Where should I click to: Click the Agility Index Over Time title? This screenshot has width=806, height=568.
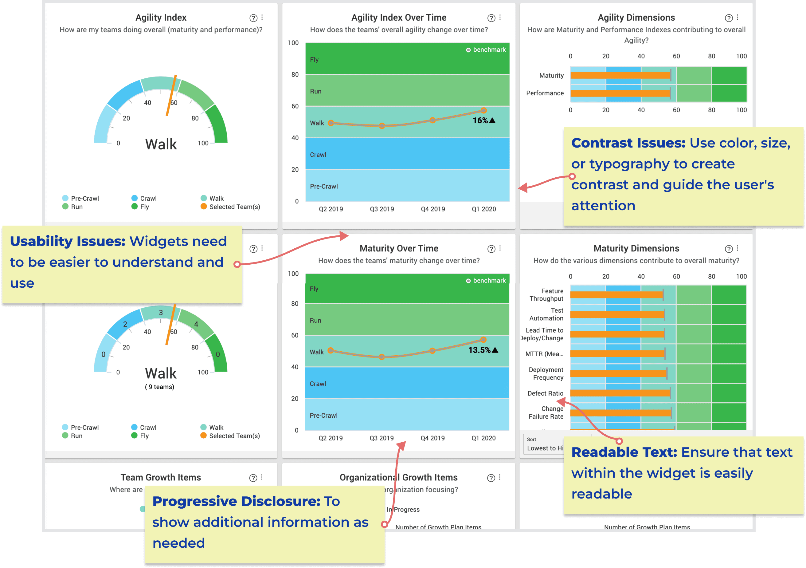coord(399,18)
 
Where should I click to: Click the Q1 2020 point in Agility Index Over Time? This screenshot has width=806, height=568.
coord(483,110)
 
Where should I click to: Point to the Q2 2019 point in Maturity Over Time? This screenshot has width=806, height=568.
coord(330,350)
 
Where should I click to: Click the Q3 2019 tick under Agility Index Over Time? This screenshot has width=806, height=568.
coord(382,209)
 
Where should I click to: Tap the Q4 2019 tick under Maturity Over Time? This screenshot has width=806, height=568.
coord(432,438)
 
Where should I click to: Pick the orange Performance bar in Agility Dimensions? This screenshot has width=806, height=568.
coord(620,93)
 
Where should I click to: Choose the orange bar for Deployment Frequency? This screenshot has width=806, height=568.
coord(618,373)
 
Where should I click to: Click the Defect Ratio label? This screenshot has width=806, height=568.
coord(545,393)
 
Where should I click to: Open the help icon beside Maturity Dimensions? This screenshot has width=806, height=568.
coord(729,249)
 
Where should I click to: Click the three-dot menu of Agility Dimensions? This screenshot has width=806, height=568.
coord(738,18)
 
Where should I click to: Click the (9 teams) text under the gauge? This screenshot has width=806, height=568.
coord(160,387)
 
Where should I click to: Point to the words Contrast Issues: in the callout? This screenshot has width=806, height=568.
coord(628,143)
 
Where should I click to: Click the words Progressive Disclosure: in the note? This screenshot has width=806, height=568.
coord(236,501)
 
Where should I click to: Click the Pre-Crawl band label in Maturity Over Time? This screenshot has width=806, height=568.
coord(323,416)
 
